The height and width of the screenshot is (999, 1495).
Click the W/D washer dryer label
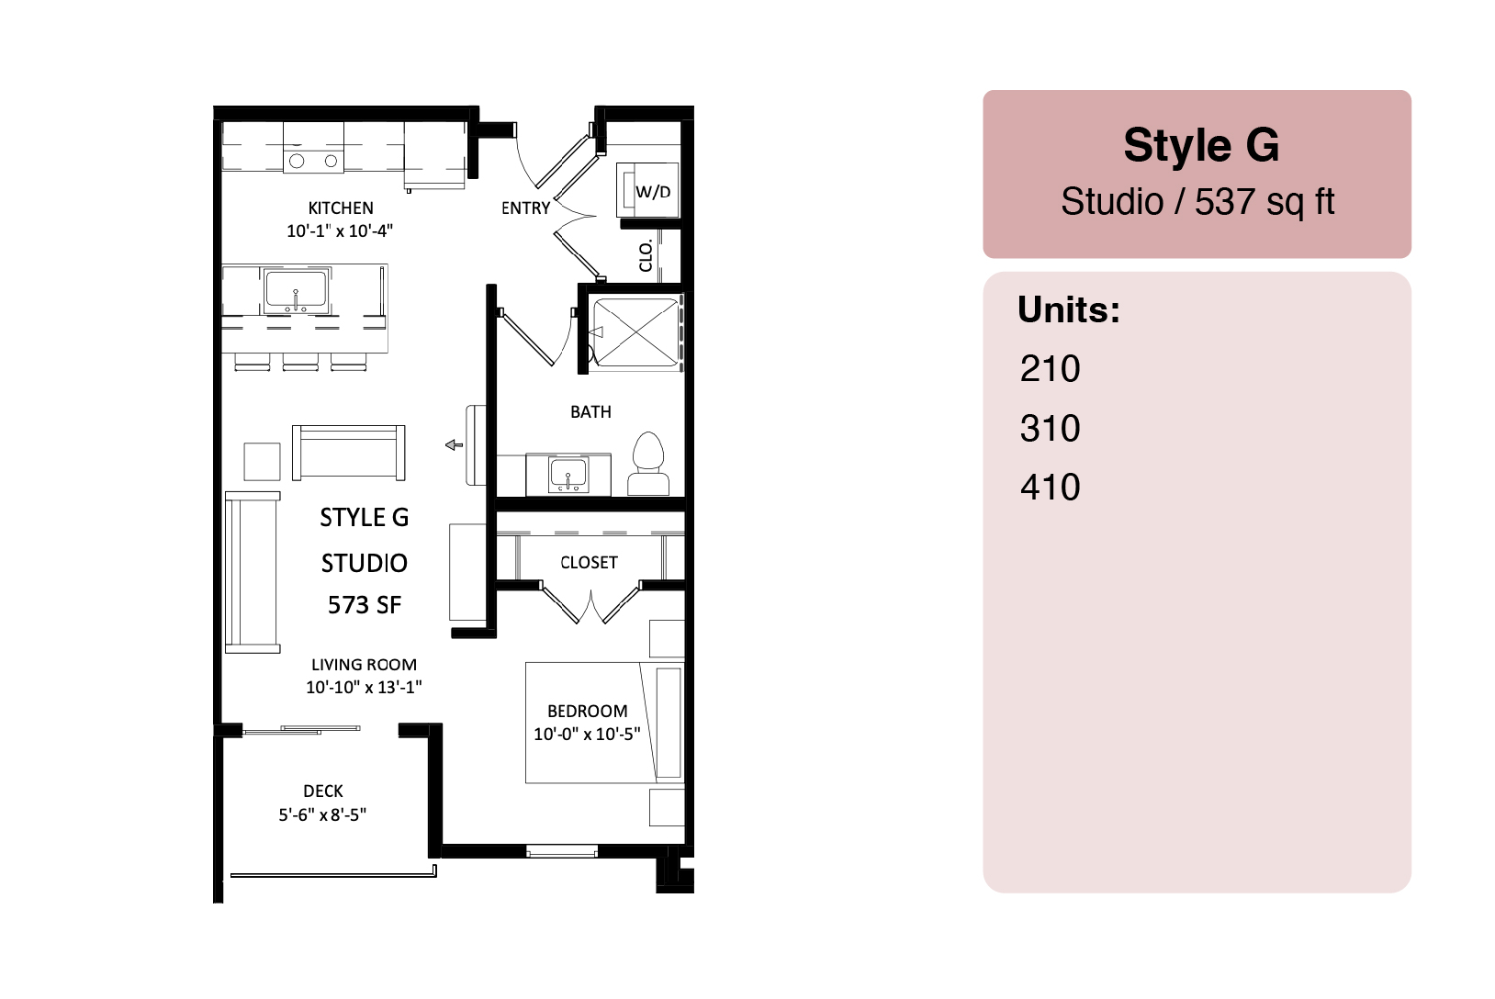pos(653,192)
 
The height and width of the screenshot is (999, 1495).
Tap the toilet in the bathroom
pos(648,464)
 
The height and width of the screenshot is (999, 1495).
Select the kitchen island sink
pos(296,291)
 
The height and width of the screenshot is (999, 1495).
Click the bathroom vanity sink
pos(568,475)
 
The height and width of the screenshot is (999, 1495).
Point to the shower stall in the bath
pos(636,331)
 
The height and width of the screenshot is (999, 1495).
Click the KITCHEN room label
pos(341,208)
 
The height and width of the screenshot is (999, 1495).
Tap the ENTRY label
pos(526,208)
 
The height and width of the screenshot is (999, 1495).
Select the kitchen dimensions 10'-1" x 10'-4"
pos(340,230)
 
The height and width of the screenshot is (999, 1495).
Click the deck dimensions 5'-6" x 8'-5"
pos(322,814)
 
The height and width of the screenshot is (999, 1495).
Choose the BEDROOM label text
pos(588,712)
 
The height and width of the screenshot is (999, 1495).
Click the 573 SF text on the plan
pos(365,605)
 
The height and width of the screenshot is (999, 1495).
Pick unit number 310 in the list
pos(1050,428)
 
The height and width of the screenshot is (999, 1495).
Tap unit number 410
pos(1050,488)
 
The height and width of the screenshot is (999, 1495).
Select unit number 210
pos(1050,368)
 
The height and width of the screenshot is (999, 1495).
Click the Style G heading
pos(1201,145)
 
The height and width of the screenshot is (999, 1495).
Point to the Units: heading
pos(1069,309)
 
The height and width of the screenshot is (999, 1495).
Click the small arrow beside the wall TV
pos(454,445)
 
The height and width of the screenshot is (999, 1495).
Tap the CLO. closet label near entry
pos(646,256)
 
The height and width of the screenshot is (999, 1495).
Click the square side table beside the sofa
pos(262,461)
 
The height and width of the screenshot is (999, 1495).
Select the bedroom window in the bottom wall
pos(561,851)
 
